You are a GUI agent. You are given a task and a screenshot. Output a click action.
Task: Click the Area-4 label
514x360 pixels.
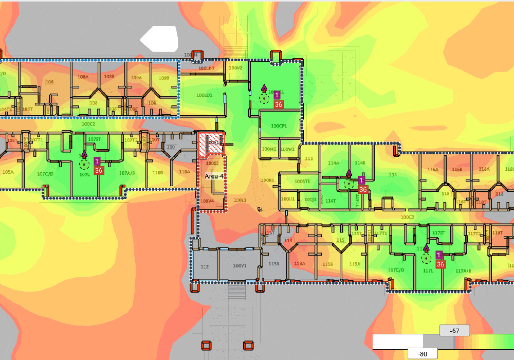214,176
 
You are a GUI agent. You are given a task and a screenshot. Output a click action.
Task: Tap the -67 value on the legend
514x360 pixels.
454,331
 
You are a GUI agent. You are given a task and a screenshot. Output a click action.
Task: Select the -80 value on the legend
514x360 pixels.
423,354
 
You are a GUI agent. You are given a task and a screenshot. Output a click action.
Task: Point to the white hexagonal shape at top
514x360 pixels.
160,39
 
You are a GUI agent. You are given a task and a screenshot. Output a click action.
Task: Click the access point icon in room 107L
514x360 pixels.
84,164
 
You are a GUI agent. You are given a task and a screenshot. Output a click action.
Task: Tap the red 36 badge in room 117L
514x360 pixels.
440,264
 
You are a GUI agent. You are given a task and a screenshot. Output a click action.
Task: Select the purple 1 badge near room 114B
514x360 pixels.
361,180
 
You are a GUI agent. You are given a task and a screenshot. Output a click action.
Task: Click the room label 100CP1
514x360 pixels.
279,125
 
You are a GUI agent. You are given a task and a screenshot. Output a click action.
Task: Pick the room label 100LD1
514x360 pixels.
204,95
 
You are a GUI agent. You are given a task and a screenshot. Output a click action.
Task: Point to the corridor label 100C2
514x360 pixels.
88,124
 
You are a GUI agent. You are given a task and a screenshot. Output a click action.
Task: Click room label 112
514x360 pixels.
205,266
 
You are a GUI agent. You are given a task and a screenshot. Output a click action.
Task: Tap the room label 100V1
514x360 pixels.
240,266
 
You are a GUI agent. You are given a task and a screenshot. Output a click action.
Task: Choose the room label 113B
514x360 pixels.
273,264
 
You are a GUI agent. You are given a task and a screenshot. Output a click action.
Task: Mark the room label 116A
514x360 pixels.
432,169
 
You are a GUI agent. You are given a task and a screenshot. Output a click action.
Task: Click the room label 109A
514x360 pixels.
136,78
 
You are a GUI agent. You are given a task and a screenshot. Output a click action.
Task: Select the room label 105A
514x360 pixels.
8,172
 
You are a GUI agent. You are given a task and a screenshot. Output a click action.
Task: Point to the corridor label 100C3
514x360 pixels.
407,217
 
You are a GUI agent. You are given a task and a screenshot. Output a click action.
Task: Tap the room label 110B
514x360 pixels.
157,173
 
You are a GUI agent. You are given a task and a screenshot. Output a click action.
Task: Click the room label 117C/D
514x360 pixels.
396,269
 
